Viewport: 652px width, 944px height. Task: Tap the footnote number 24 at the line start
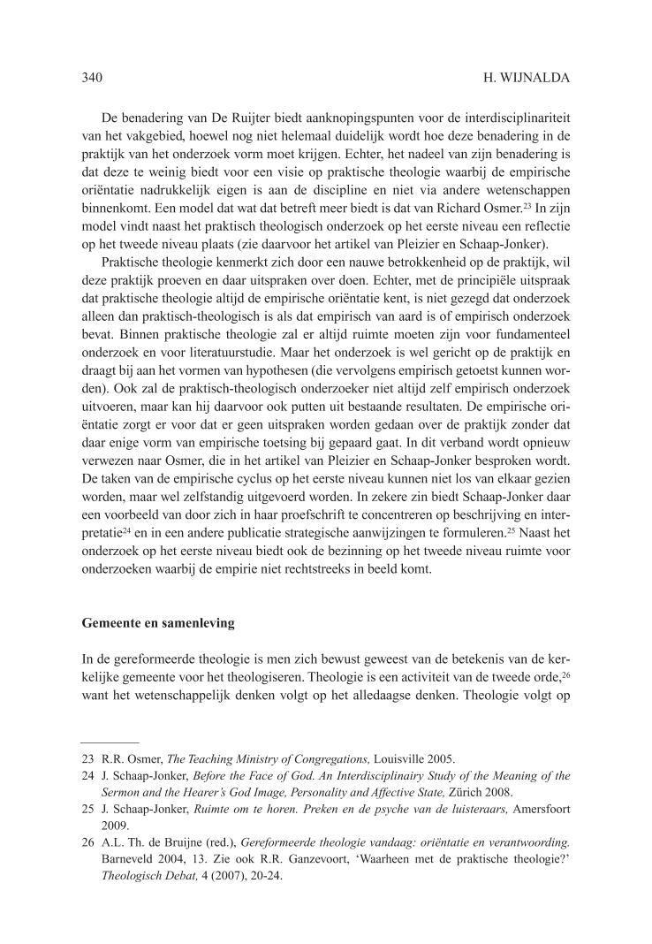tap(87, 776)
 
